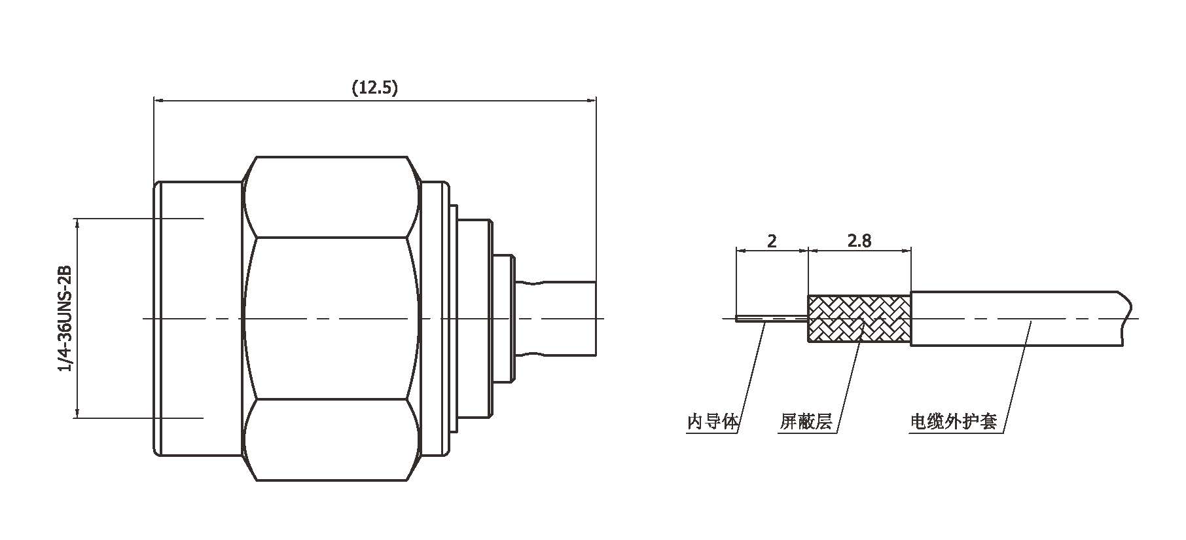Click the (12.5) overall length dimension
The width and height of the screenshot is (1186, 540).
374,88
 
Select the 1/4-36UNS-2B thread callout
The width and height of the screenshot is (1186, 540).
64,318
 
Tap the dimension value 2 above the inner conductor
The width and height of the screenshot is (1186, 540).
772,241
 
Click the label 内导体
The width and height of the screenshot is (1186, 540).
712,422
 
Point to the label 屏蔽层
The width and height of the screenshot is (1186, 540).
805,422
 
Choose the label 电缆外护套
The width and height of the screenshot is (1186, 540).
953,422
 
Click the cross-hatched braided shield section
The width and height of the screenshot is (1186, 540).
859,319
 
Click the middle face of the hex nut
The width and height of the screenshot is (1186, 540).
331,318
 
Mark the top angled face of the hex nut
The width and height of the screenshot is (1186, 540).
331,196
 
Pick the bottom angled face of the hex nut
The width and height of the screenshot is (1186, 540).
331,440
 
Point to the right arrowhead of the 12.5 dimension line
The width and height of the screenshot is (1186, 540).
592,100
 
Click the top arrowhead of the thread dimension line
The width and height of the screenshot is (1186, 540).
77,223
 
